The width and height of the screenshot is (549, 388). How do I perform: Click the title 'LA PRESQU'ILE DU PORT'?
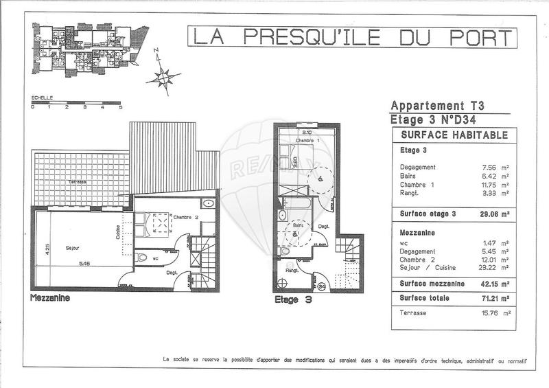(x=352, y=37)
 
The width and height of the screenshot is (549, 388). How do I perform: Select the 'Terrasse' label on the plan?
(x=77, y=183)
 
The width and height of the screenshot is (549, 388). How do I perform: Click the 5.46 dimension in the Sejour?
(x=84, y=264)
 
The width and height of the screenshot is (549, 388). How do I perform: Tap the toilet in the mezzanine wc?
(x=142, y=258)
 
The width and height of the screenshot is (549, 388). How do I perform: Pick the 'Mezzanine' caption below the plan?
(x=49, y=299)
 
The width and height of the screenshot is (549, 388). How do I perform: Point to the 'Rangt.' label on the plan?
(x=291, y=270)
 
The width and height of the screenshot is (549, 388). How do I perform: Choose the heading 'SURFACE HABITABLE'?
(x=454, y=135)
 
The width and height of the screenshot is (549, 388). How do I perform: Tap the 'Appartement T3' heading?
(x=437, y=106)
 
